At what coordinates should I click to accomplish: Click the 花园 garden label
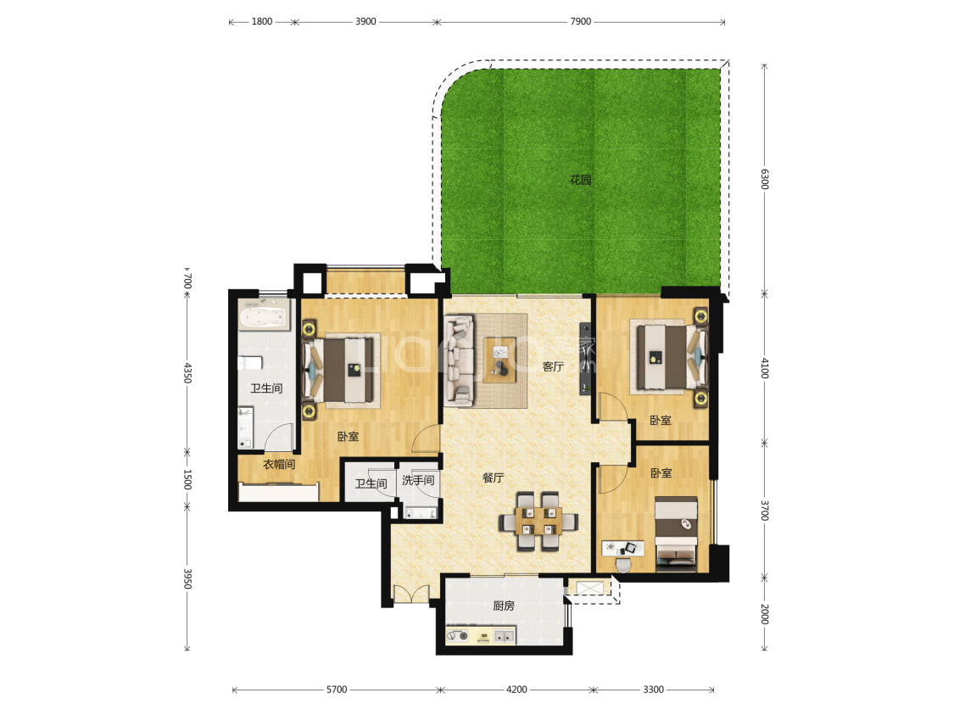coord(580,180)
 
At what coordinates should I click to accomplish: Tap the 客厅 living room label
coord(553,366)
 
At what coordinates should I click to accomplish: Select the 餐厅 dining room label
coord(493,478)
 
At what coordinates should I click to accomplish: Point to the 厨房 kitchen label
coord(503,606)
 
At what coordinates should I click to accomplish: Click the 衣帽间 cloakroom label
coord(279,464)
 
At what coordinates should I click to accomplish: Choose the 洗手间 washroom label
coord(418,480)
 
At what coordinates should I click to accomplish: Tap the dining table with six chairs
coord(538,522)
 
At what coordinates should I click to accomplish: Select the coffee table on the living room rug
coord(499,360)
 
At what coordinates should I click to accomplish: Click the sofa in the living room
coord(459,360)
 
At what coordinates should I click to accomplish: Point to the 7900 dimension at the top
coord(580,21)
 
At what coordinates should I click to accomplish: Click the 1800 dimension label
coord(262,21)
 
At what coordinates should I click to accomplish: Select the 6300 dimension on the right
coord(765,179)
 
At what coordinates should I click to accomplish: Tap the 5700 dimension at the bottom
coord(337,690)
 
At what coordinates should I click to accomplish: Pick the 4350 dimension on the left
coord(187,372)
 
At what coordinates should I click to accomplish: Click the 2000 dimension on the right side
coord(765,614)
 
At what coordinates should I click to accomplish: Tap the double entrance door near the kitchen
coord(411,595)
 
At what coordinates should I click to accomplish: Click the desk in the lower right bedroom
coord(622,548)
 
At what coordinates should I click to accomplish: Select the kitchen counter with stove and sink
coord(481,635)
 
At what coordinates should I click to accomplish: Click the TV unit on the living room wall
coord(585,359)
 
